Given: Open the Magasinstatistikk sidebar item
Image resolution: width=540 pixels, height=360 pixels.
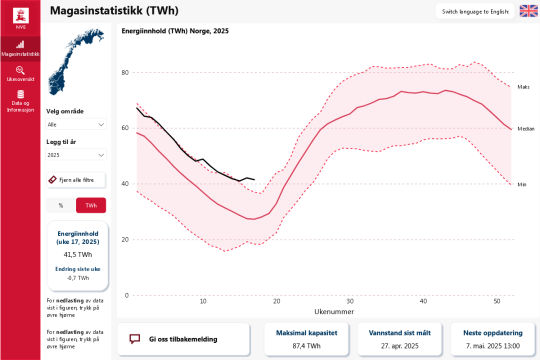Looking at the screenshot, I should (20, 48).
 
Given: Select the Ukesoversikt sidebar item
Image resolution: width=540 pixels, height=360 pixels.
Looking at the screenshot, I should (20, 74).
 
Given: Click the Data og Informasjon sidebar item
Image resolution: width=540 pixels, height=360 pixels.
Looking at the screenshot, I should (20, 100).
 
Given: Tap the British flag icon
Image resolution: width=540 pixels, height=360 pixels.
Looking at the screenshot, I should (528, 11).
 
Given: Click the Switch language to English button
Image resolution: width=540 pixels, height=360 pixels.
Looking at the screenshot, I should (475, 11).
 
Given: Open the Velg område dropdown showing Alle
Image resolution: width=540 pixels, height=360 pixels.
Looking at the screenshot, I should (76, 124).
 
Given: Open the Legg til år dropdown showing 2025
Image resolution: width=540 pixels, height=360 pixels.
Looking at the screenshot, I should (76, 155).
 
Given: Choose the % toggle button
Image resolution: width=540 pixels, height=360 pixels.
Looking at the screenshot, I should (61, 205).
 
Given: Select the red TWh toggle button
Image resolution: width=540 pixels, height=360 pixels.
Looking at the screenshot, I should (91, 205).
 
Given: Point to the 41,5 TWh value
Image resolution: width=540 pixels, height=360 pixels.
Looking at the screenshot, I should (77, 254).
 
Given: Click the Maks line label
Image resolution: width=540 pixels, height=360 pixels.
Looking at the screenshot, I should (523, 87).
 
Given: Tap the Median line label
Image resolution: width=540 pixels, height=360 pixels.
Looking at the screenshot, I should (525, 128).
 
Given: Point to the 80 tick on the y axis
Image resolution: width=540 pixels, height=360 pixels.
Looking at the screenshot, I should (125, 72).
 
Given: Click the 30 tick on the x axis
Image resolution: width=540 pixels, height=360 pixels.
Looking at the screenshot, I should (350, 301).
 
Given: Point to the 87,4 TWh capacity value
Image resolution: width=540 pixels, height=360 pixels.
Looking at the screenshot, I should (306, 345).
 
